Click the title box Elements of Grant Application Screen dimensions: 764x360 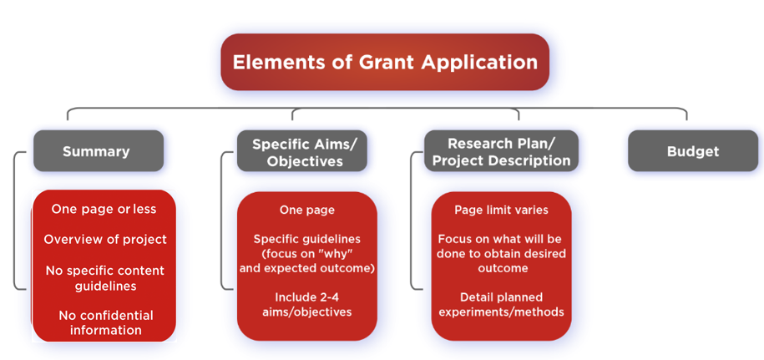pos(385,62)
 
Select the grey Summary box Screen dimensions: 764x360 pos(99,151)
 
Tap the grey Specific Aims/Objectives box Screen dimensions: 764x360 pos(302,151)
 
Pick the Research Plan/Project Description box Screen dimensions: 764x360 pos(501,151)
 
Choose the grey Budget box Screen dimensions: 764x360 pos(693,151)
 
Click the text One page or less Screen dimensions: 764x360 pos(104,209)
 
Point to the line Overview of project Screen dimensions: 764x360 pos(105,239)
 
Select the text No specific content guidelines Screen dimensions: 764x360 pos(105,278)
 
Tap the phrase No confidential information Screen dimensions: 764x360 pos(106,322)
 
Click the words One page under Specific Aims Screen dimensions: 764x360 pos(307,210)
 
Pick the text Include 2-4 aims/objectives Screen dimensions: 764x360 pos(307,304)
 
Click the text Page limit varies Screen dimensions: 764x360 pos(501,210)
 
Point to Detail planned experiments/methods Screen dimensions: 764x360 pos(501,304)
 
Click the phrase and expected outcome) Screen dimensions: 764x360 pos(307,268)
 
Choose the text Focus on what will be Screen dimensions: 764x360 pos(500,239)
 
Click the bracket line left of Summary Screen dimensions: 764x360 pos(15,221)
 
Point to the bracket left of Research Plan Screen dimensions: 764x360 pos(412,221)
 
